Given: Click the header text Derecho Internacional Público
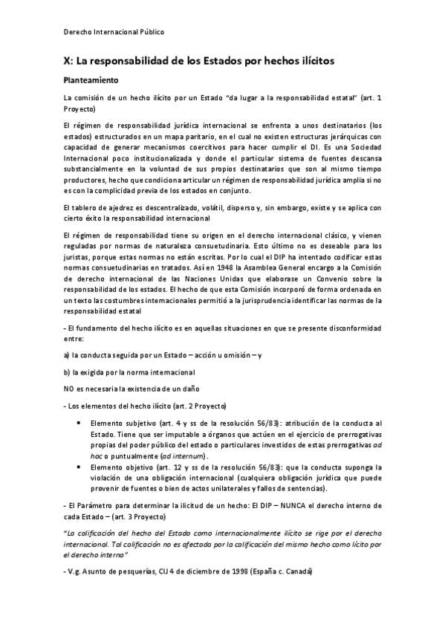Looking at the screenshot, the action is (114, 32).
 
